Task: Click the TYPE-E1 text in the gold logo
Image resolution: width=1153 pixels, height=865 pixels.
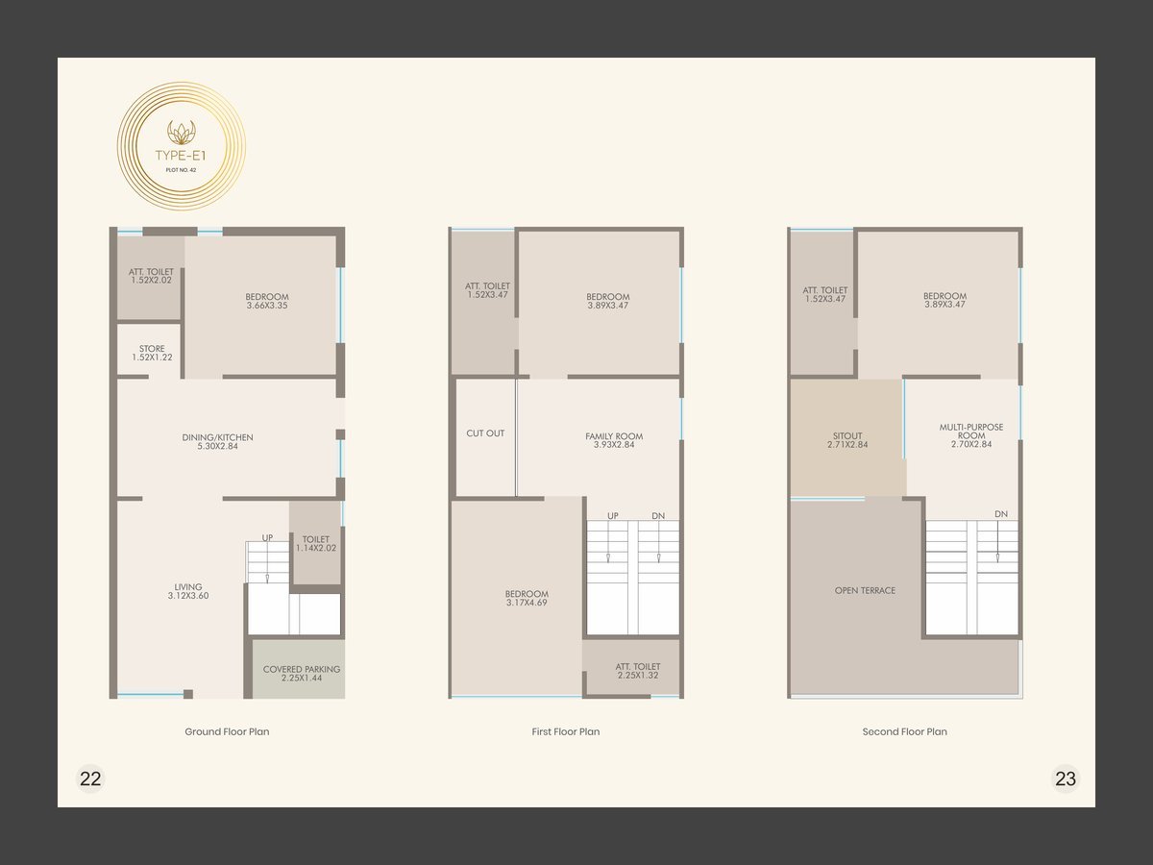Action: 181,156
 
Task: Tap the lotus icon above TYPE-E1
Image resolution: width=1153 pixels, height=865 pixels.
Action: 182,132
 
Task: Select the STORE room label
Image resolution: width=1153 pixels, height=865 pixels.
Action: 152,353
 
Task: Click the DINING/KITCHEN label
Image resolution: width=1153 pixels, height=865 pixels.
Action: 217,442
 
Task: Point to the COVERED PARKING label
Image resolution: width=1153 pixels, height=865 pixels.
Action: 302,674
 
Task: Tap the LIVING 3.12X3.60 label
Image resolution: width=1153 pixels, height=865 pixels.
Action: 188,591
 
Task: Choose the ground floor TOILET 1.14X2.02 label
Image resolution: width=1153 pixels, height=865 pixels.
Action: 316,544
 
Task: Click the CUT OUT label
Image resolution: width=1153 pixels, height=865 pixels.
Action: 485,433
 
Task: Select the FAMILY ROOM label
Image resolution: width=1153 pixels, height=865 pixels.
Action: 614,440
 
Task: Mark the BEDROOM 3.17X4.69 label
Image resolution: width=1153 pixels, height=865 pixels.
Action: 527,598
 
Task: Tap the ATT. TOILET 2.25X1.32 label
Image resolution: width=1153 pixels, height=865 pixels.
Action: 638,671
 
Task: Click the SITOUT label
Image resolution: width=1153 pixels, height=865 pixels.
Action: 847,440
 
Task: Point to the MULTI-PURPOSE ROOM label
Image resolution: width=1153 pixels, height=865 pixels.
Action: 971,435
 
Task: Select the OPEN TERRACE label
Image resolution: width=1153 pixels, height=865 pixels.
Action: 865,590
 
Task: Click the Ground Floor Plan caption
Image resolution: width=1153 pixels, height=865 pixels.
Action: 227,731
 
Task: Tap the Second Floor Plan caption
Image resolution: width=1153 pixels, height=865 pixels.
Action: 904,731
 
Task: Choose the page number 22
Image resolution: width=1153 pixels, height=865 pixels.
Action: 90,778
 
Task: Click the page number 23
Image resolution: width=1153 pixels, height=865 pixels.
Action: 1066,778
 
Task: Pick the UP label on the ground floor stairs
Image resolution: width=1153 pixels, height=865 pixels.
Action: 267,538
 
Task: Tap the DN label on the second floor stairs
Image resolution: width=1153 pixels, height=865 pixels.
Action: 1001,514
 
